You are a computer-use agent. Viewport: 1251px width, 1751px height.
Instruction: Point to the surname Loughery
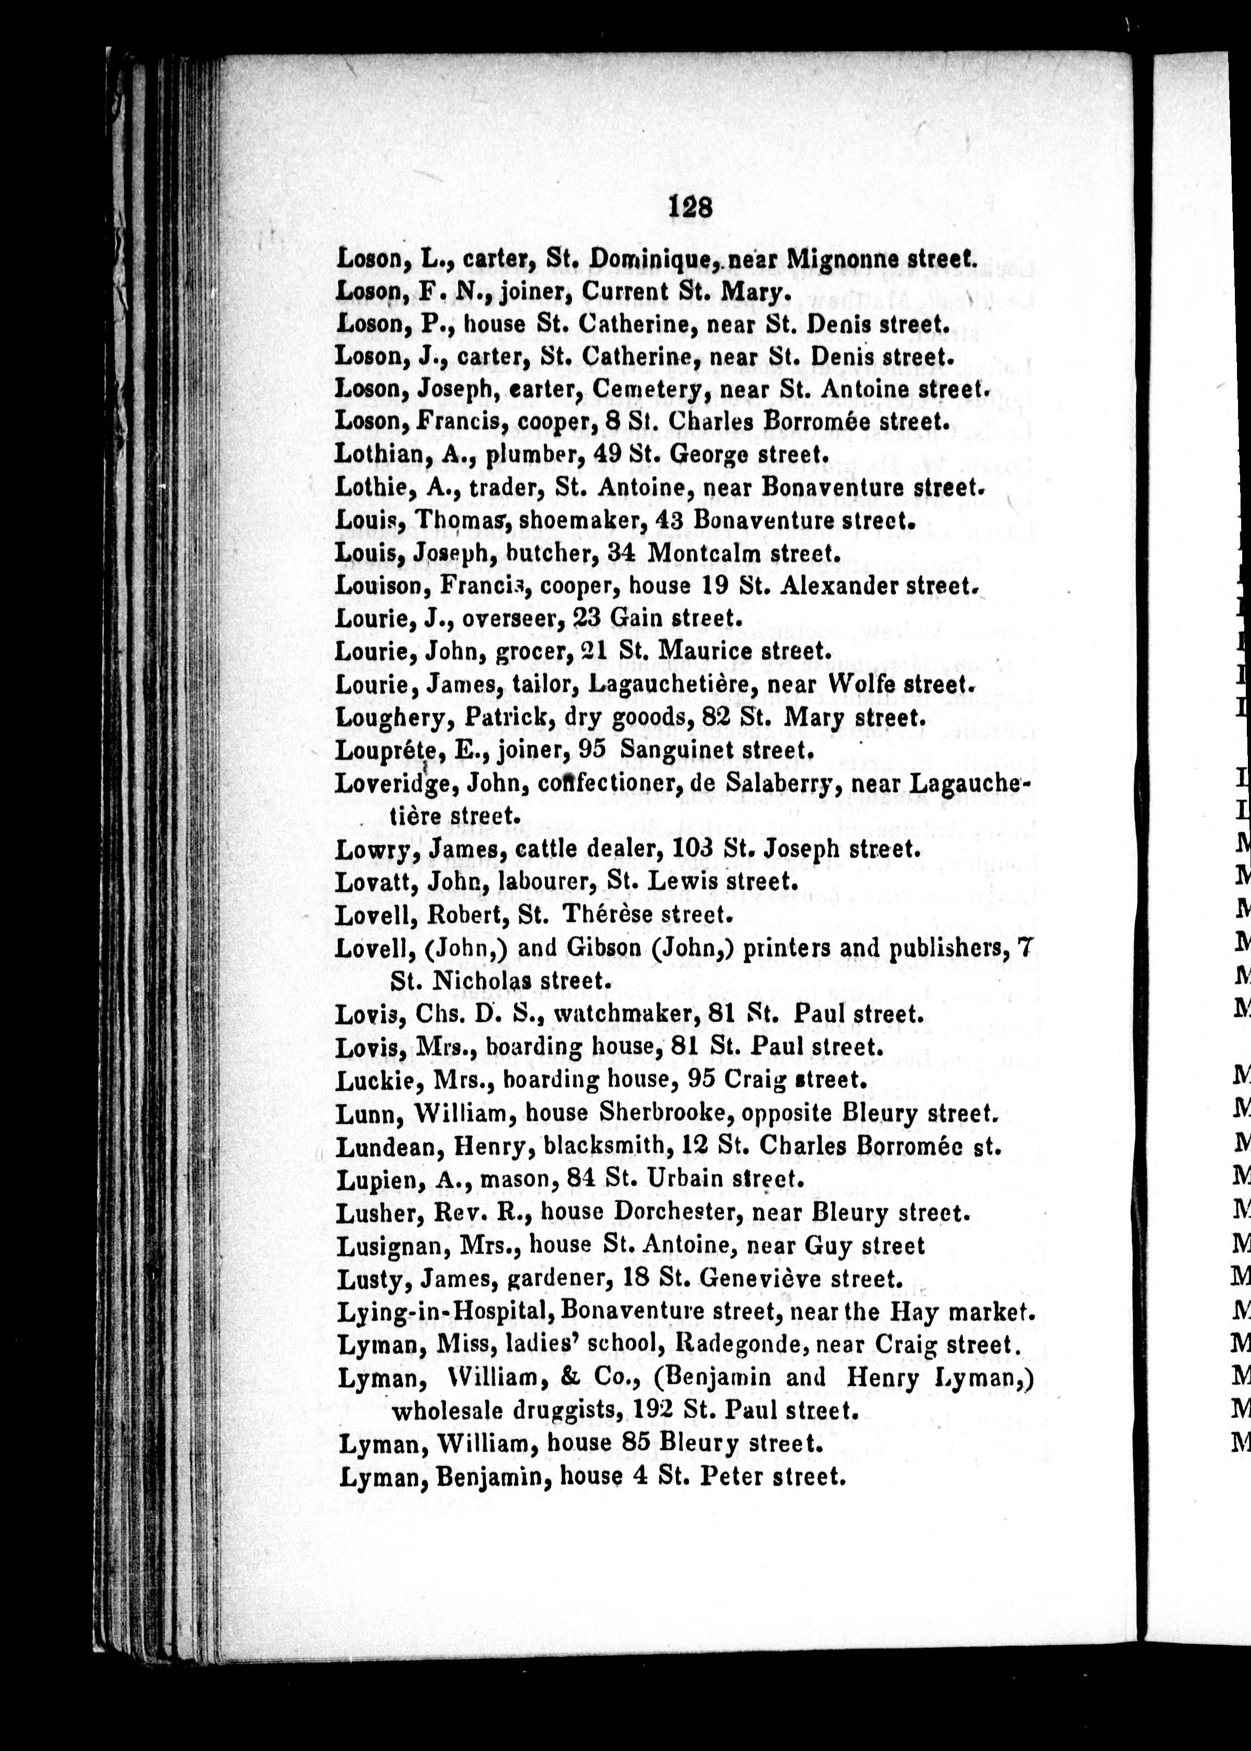click(393, 718)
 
